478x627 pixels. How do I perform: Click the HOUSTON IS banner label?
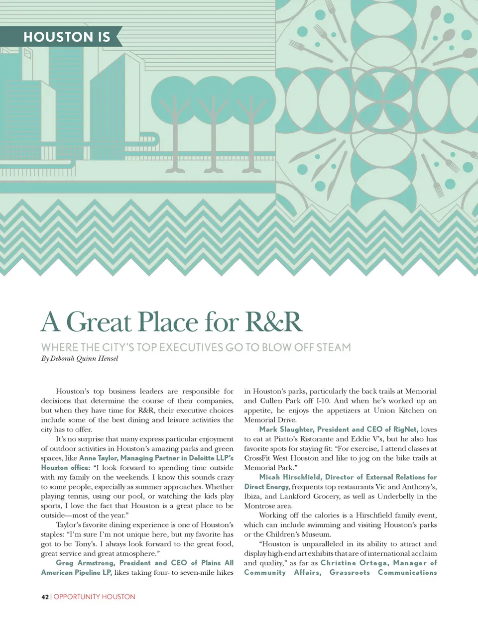coord(67,37)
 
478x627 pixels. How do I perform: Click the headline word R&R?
coord(274,321)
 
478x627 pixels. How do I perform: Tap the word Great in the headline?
coord(99,321)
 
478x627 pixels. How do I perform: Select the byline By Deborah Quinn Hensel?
coord(80,358)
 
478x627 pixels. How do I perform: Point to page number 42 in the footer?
coord(45,597)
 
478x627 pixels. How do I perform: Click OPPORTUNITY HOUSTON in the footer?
coord(95,597)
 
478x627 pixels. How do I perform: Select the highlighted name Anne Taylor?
coord(98,458)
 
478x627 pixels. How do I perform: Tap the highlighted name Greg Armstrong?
coord(85,563)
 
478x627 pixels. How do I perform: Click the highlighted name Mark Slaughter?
coord(285,429)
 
